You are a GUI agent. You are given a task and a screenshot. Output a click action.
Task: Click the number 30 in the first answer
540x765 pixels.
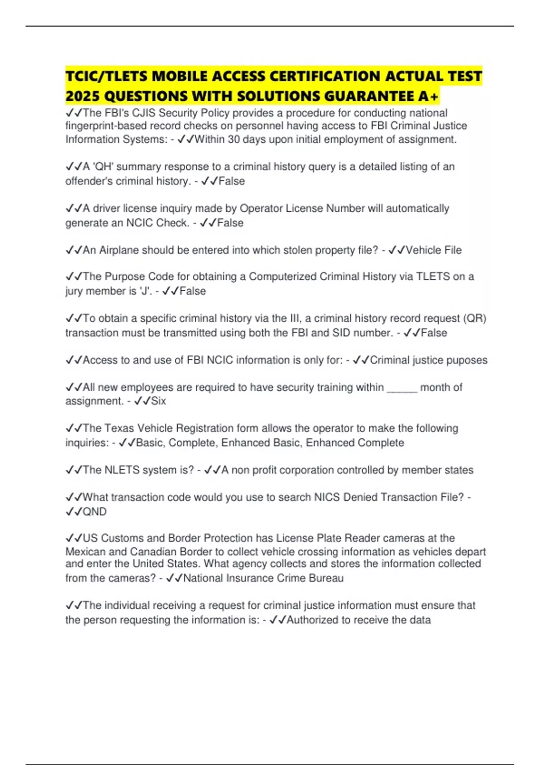(234, 139)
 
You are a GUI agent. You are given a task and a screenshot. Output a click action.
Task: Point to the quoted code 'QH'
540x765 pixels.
(103, 167)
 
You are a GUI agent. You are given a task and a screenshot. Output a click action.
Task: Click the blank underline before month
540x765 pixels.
(402, 387)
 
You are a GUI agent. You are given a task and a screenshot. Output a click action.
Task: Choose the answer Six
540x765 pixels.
(158, 401)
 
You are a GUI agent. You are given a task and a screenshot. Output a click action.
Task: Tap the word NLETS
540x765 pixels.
(122, 470)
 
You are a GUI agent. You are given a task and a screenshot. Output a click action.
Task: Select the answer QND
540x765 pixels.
(94, 512)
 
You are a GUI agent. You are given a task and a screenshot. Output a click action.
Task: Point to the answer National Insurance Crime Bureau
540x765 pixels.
(263, 578)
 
